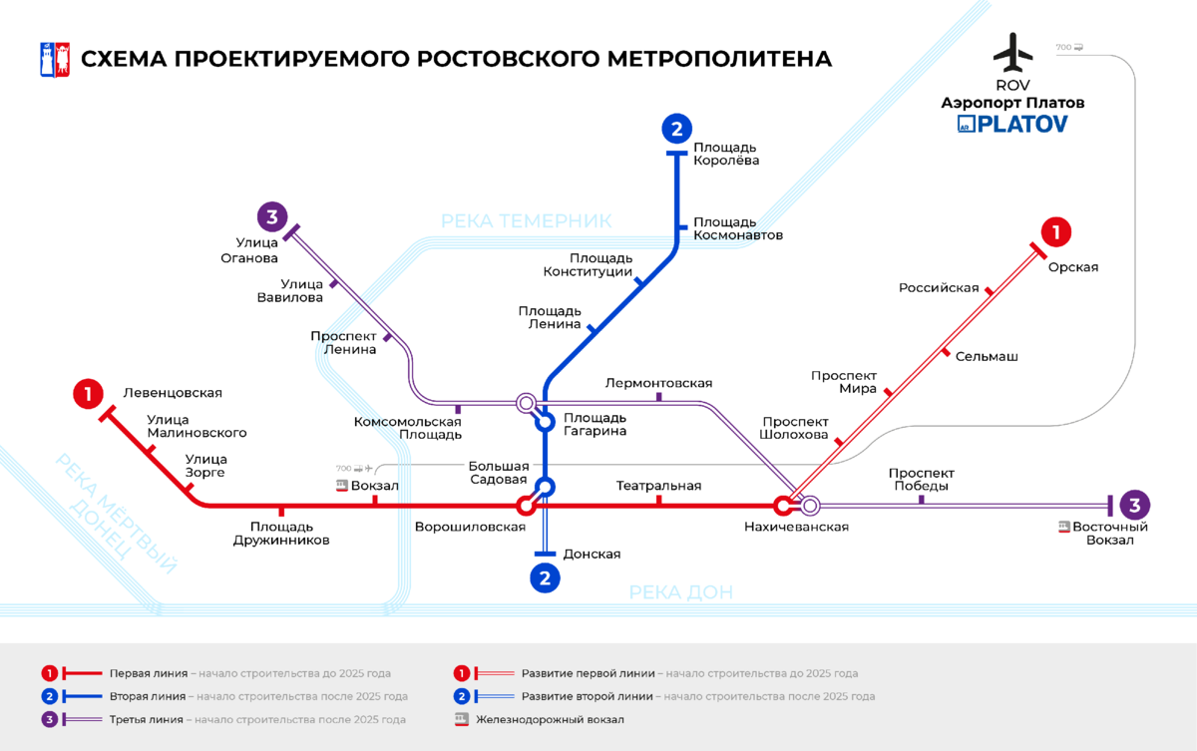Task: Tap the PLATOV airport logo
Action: pyautogui.click(x=1012, y=124)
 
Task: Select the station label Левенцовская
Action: pyautogui.click(x=173, y=393)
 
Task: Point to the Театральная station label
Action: pyautogui.click(x=658, y=486)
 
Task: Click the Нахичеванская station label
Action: pyautogui.click(x=796, y=527)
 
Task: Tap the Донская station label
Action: pyautogui.click(x=592, y=555)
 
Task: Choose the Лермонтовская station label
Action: pyautogui.click(x=658, y=383)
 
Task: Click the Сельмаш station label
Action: pyautogui.click(x=987, y=356)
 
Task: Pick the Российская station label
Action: pyautogui.click(x=939, y=288)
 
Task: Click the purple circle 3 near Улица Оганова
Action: pyautogui.click(x=272, y=215)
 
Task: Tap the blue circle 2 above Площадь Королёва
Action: pyautogui.click(x=676, y=129)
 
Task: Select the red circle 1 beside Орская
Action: pyautogui.click(x=1055, y=232)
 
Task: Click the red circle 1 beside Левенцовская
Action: pyautogui.click(x=88, y=394)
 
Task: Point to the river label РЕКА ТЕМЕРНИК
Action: pyautogui.click(x=526, y=220)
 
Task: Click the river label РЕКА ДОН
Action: pyautogui.click(x=680, y=592)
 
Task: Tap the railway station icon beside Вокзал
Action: pyautogui.click(x=342, y=486)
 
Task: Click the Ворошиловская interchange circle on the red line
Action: pyautogui.click(x=526, y=506)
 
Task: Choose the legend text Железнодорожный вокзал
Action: pyautogui.click(x=550, y=719)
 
